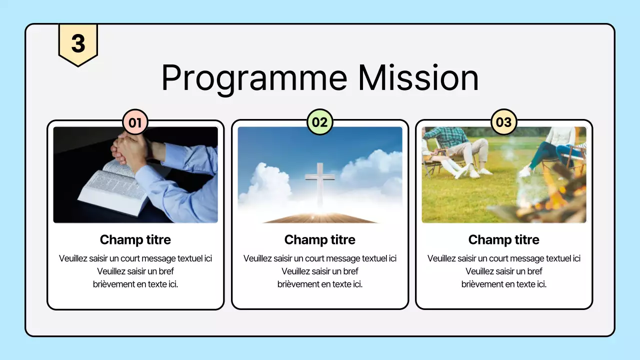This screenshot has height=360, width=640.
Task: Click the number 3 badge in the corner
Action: pyautogui.click(x=78, y=43)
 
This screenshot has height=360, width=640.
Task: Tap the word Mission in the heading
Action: pyautogui.click(x=418, y=78)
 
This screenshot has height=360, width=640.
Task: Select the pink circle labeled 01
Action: pyautogui.click(x=135, y=122)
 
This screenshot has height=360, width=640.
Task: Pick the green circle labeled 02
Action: pyautogui.click(x=319, y=122)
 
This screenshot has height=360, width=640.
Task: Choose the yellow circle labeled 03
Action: pyautogui.click(x=503, y=122)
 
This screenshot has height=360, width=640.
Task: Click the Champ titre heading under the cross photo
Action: pyautogui.click(x=319, y=240)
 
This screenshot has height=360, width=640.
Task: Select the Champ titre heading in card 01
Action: pyautogui.click(x=135, y=240)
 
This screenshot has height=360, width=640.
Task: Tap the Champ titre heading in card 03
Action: pyautogui.click(x=503, y=240)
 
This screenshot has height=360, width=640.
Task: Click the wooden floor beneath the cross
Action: pyautogui.click(x=320, y=218)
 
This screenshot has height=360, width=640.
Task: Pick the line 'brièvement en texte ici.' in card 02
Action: pyautogui.click(x=319, y=284)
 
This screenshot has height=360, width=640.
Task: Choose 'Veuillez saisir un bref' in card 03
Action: pyautogui.click(x=503, y=271)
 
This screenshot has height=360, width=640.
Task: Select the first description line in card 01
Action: pyautogui.click(x=135, y=258)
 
